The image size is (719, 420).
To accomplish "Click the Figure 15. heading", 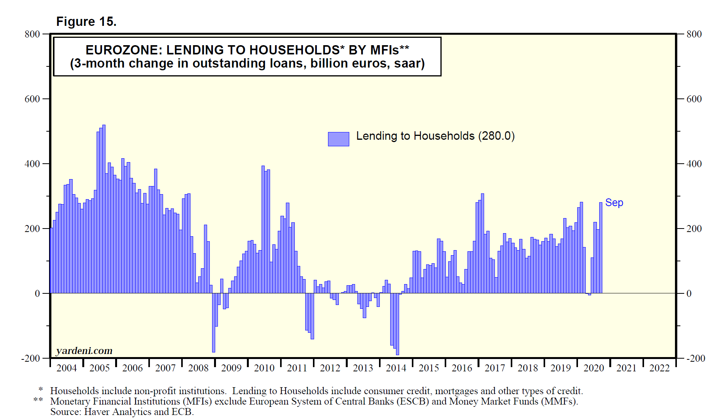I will click(86, 22).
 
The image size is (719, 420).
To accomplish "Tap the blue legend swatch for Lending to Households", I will click(338, 139).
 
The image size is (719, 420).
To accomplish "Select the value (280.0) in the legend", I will click(496, 136).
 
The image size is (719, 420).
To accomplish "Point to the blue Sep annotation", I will click(614, 203).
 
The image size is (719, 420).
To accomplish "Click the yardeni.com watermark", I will click(84, 351).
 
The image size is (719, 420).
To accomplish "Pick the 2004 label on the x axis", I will click(66, 368).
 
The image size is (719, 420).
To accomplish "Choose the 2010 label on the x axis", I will click(264, 368).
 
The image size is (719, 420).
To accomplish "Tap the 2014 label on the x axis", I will click(396, 368).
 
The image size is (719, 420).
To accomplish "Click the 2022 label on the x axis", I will click(660, 368).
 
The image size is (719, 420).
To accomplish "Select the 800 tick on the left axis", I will click(32, 34).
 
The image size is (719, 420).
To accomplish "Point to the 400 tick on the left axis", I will click(32, 164).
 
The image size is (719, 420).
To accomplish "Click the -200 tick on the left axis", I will click(31, 358).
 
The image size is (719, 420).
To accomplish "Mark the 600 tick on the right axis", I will click(694, 99).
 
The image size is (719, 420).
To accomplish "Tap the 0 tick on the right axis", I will click(689, 293).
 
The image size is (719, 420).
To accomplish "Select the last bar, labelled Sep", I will click(601, 247).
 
